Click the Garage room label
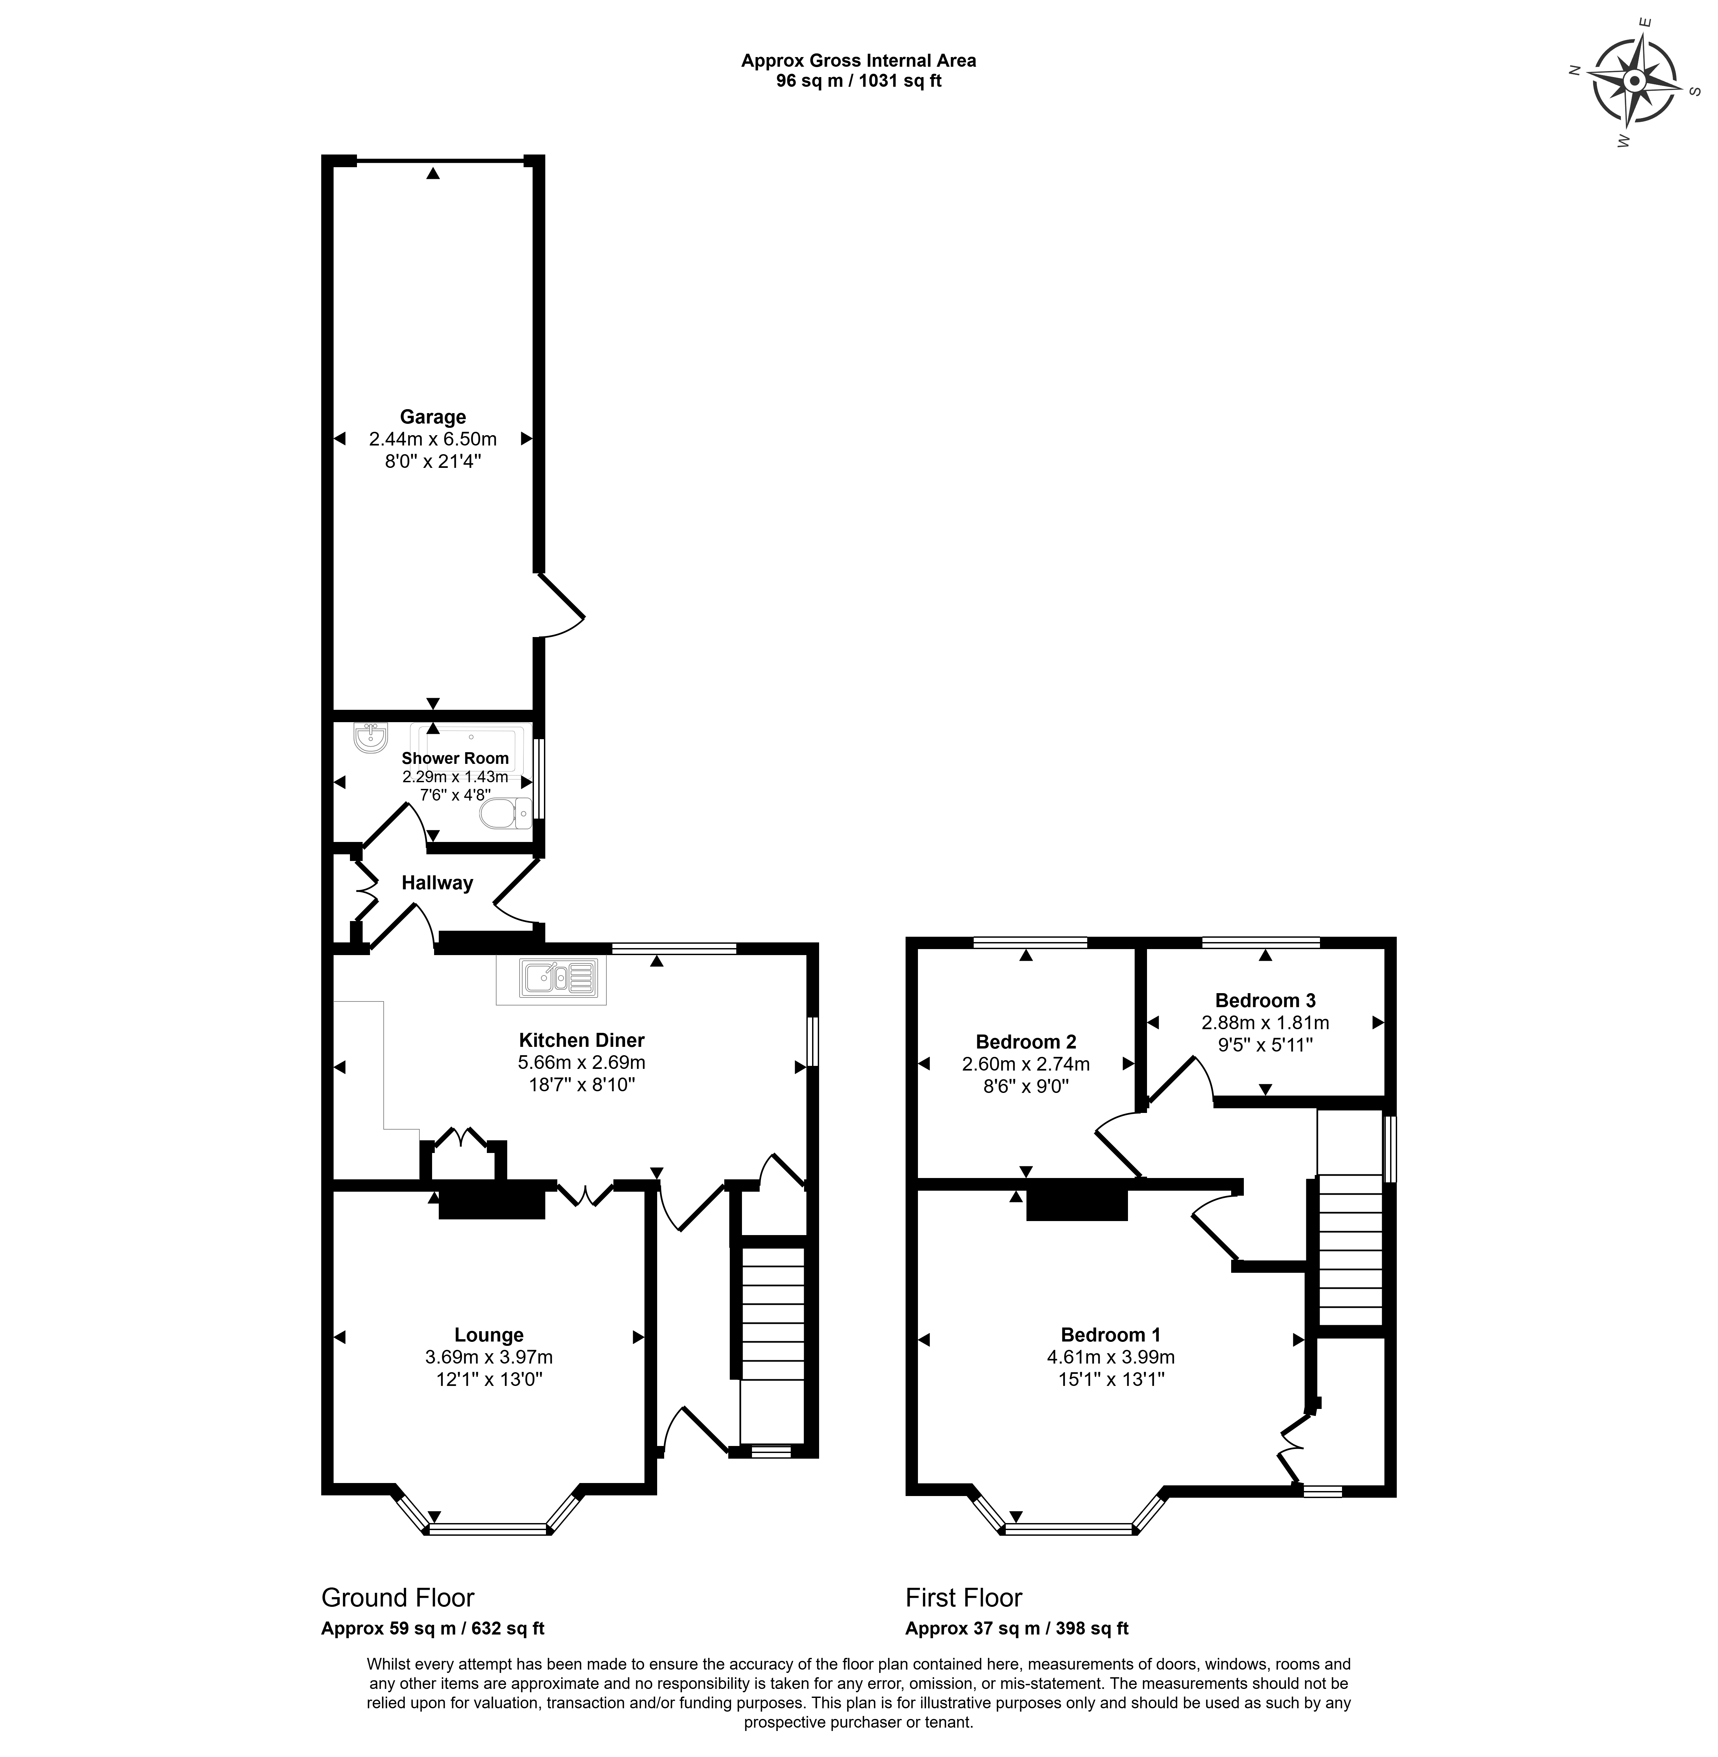pyautogui.click(x=433, y=417)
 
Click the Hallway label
pyautogui.click(x=438, y=883)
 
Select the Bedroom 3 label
pyautogui.click(x=1265, y=1000)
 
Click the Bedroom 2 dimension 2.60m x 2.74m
pyautogui.click(x=1026, y=1064)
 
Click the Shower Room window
pyautogui.click(x=539, y=779)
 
